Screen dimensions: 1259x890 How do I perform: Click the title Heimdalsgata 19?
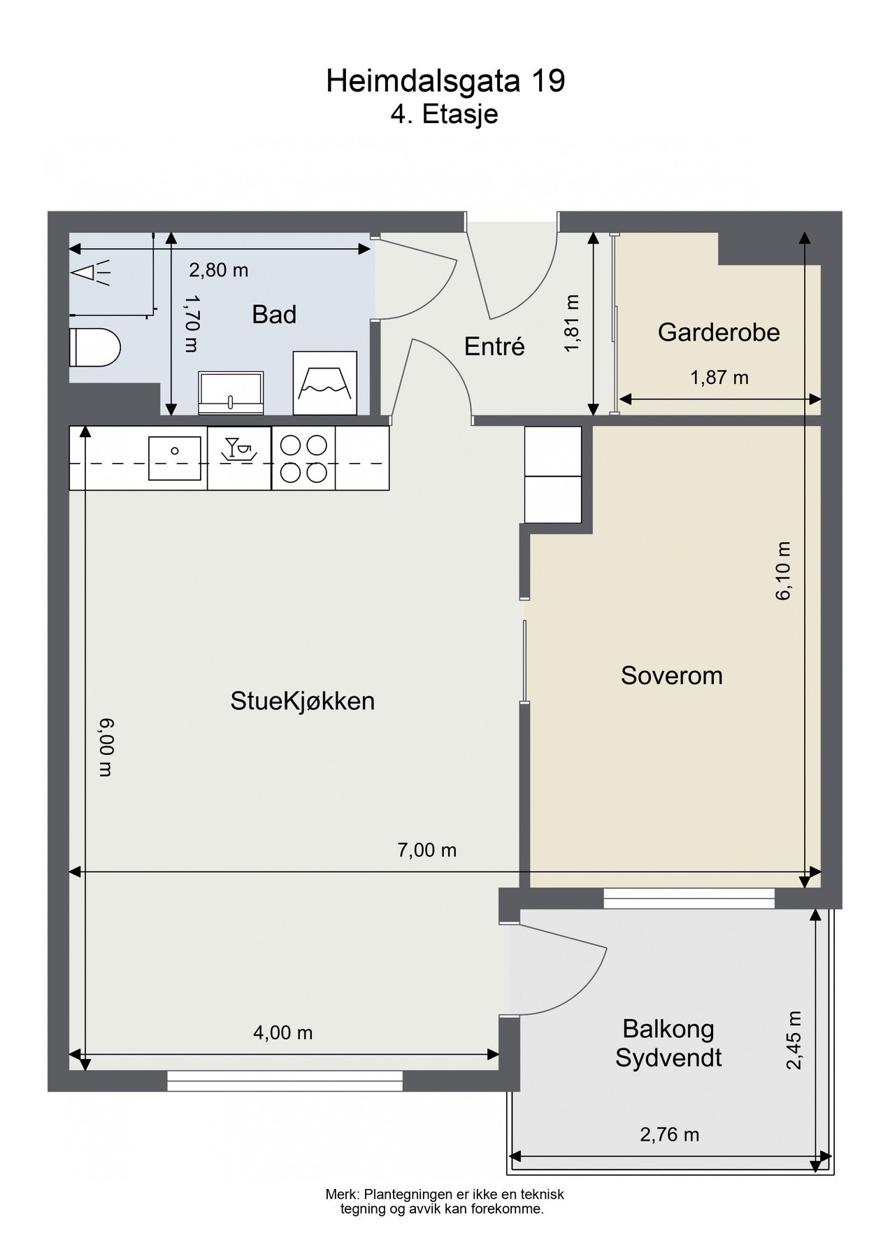point(445,82)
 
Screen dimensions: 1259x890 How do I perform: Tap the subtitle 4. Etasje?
point(444,114)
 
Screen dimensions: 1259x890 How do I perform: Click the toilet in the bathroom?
point(95,348)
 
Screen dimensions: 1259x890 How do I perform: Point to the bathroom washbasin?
point(231,392)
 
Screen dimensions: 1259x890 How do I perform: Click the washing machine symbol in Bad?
point(324,383)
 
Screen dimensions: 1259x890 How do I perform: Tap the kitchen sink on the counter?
point(175,458)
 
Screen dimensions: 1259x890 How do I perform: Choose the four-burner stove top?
point(303,459)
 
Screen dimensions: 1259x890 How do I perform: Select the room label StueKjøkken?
point(303,701)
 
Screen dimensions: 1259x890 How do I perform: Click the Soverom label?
point(671,676)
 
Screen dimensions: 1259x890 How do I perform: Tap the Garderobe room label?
point(718,332)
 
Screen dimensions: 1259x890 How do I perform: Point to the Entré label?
point(494,346)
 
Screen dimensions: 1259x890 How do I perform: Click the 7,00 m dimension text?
point(426,850)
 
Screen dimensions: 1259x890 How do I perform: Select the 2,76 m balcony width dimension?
point(669,1134)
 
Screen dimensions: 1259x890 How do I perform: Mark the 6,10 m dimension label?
point(783,570)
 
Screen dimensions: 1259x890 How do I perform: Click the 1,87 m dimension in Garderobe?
point(719,378)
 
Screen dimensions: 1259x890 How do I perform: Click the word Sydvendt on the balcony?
point(668,1058)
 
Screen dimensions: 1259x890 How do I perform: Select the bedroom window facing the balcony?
point(689,898)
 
